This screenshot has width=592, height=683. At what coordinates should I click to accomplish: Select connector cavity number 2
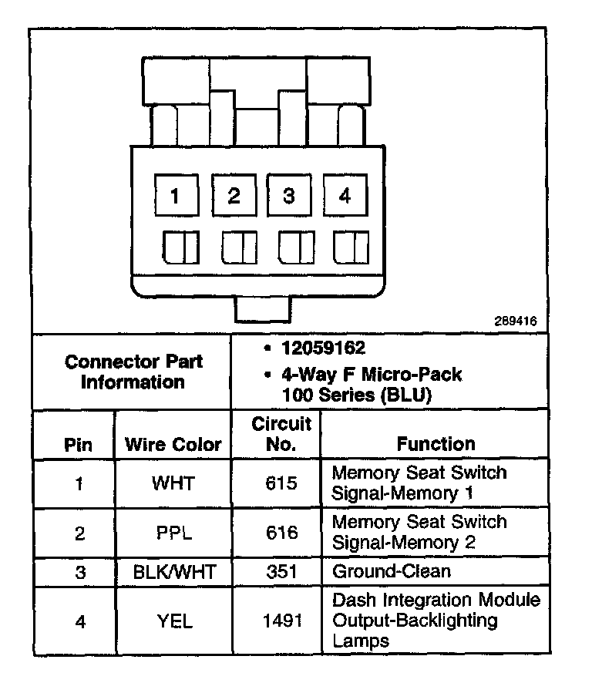click(233, 196)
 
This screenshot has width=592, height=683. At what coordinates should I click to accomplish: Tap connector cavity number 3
click(288, 196)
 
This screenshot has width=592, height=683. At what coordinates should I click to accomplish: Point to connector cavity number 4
click(345, 196)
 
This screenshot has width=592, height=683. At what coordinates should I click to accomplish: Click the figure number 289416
click(516, 321)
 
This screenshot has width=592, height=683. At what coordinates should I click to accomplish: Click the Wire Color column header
click(173, 444)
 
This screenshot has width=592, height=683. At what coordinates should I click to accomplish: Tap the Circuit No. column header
click(281, 434)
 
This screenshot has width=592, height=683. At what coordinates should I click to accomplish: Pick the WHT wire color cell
click(173, 483)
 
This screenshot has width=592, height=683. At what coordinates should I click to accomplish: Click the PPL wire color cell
click(173, 533)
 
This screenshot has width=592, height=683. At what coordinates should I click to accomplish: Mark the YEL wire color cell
click(173, 620)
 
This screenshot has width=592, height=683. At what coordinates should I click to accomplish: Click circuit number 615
click(280, 483)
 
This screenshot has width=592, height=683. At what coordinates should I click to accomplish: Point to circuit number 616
click(280, 533)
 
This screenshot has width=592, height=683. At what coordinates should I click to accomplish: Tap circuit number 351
click(280, 572)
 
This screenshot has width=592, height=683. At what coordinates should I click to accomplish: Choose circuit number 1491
click(280, 620)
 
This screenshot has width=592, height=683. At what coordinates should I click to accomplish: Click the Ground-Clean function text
click(391, 572)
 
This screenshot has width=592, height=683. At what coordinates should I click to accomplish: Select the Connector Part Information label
click(133, 372)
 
